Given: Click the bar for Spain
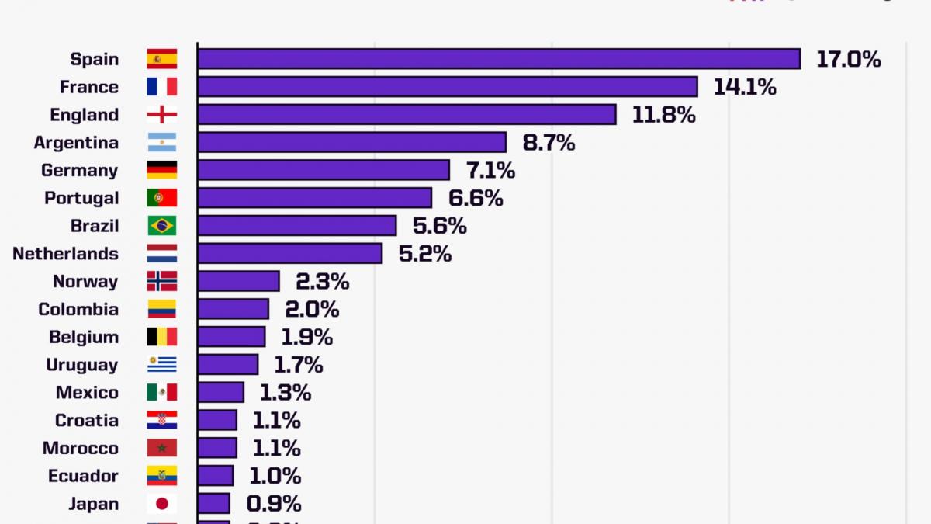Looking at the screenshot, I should pos(499,59).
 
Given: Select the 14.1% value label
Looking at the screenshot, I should pos(745,87).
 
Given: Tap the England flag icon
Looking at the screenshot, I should pos(162,115).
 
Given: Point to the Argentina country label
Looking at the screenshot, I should pos(76,143).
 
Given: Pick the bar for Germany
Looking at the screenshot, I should pos(324,170).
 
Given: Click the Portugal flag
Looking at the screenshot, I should pos(162,198).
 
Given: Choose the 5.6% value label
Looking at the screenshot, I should pos(440,226).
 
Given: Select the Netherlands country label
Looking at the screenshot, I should pos(65,254).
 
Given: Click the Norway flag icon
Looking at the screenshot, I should pos(162,281).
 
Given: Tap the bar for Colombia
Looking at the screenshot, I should pos(234,309).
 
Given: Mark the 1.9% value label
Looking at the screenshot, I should pos(306,337).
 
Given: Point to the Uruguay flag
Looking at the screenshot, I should pos(162,365).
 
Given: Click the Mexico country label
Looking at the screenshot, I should pos(87,393).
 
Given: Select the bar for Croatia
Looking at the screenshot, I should pos(217,420).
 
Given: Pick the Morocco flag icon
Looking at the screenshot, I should pos(162,448).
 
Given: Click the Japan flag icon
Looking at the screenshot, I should pos(162,504).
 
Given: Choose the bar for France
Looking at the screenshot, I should pos(448,87).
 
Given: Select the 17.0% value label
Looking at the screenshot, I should pos(848,59).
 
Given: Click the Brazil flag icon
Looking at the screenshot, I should pos(162,226).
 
